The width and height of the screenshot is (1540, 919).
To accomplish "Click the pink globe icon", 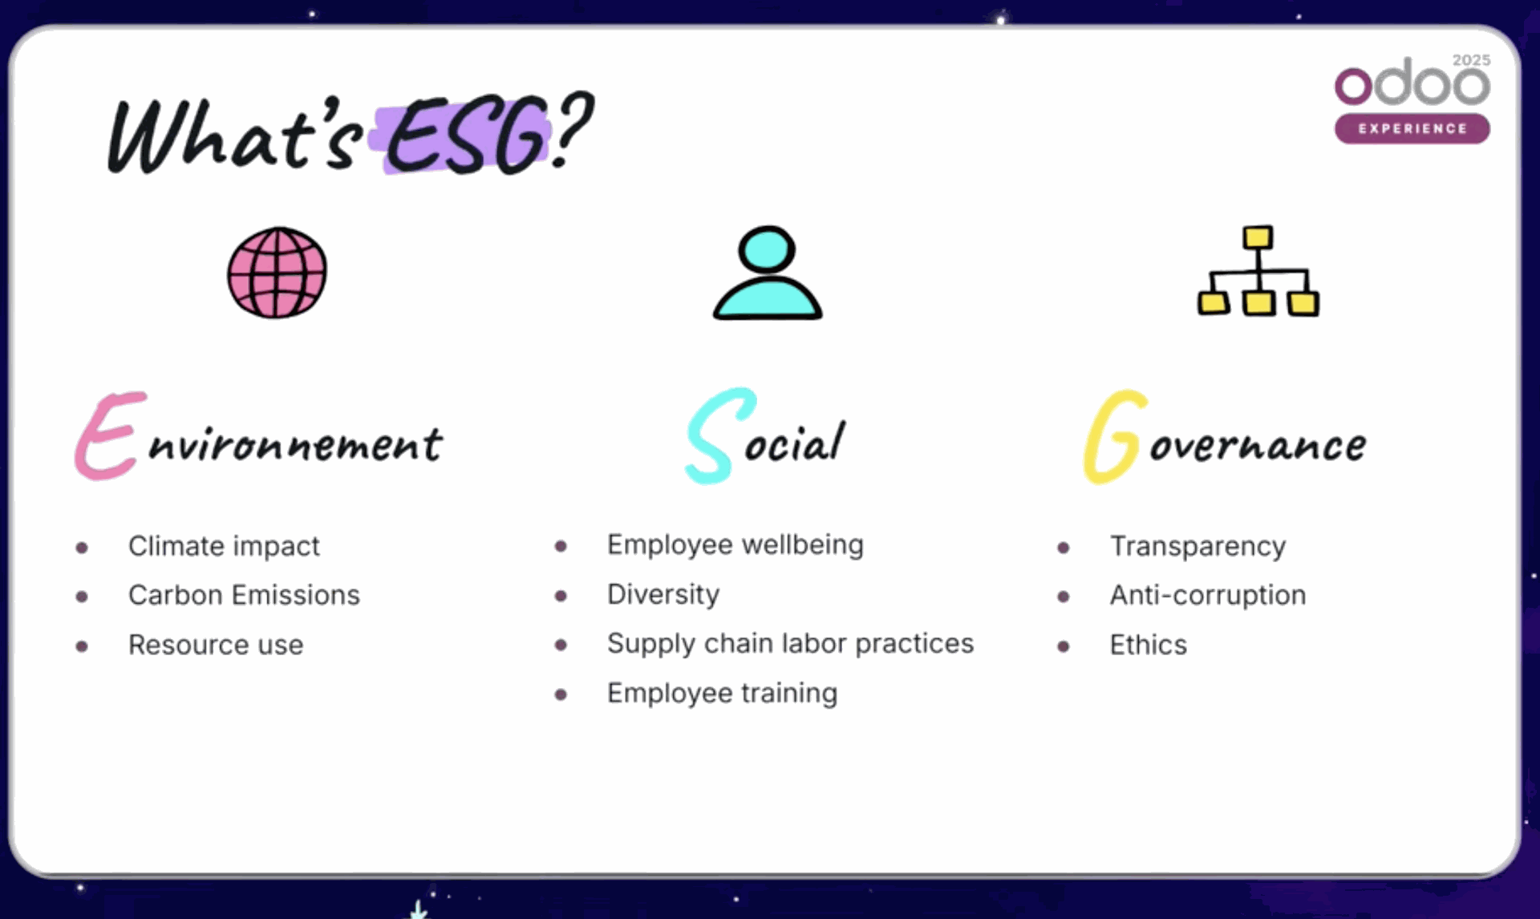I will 277,273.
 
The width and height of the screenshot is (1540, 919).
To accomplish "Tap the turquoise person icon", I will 768,275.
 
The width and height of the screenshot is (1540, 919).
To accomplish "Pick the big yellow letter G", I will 1113,437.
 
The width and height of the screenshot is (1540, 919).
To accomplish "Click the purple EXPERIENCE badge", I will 1412,128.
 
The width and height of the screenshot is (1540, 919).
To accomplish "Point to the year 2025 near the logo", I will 1471,60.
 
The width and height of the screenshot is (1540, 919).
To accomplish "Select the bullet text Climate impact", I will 224,546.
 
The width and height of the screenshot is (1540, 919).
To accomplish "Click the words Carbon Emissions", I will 244,595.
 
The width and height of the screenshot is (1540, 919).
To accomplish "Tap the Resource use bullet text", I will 216,645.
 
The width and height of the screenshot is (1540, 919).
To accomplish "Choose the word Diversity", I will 663,594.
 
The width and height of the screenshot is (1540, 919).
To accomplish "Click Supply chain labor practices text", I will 790,643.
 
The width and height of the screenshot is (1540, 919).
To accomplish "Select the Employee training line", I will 722,693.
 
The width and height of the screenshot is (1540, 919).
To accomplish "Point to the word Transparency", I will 1198,546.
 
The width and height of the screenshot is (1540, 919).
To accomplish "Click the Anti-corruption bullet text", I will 1207,595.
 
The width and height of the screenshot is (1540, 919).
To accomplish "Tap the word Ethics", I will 1148,645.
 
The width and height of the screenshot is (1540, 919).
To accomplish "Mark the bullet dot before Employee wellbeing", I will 561,546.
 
